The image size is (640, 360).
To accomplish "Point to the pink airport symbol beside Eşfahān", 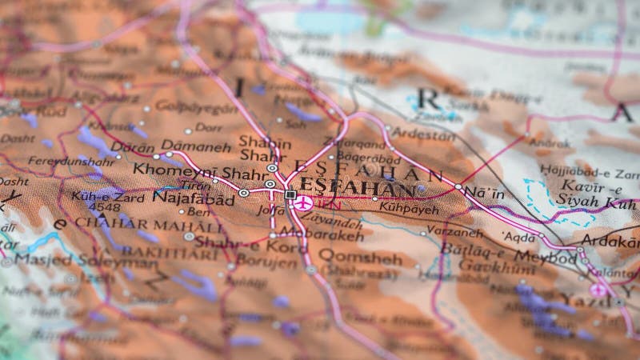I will tap(302, 203).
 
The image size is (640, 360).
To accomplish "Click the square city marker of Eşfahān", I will tap(290, 194).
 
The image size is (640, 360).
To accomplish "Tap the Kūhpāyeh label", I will tap(411, 209).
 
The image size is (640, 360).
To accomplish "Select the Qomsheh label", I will tap(360, 257).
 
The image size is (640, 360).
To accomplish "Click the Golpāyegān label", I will tap(186, 106).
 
